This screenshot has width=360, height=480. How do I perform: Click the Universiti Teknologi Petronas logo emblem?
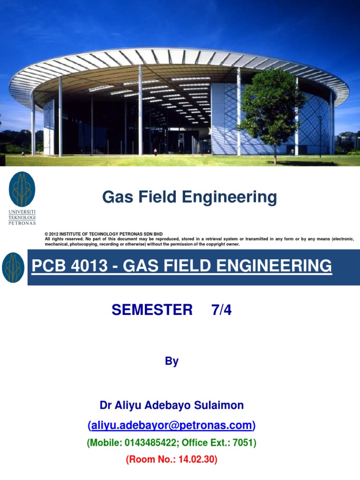tap(22, 189)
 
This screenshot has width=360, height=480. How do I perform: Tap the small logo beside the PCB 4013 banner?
tap(14, 268)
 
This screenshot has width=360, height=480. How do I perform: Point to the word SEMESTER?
tap(152, 310)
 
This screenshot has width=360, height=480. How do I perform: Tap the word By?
tap(172, 361)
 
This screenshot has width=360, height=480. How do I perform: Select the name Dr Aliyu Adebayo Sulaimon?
tap(172, 405)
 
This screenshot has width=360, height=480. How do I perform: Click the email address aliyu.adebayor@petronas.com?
tap(172, 425)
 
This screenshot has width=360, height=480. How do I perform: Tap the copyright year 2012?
tap(54, 233)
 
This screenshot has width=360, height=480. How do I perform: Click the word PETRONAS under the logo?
tap(22, 223)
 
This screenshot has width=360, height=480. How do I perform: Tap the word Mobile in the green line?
tap(104, 442)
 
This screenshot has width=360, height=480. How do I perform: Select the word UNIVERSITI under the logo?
tap(22, 212)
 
